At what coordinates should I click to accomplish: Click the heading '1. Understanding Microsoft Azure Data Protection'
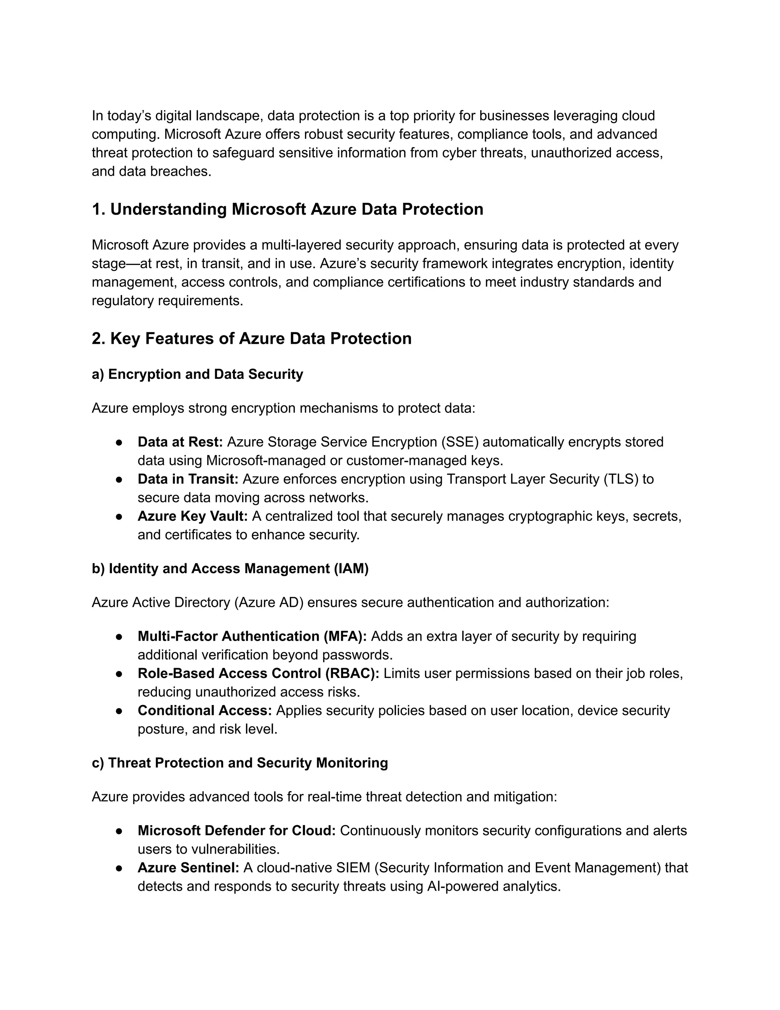point(288,210)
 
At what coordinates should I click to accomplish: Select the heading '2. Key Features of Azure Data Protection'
point(251,338)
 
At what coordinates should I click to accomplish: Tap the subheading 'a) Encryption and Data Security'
point(197,374)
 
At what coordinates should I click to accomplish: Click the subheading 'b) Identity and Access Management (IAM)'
point(230,568)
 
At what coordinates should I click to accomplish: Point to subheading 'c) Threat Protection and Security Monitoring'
point(240,763)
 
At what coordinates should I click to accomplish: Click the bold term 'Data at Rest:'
point(180,442)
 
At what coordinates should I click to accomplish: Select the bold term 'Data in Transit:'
point(188,479)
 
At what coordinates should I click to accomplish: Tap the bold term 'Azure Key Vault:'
point(193,516)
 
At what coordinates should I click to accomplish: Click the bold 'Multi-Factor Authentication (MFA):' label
point(252,636)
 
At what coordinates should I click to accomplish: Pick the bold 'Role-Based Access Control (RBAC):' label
point(258,673)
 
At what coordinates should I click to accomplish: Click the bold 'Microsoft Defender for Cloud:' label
point(237,830)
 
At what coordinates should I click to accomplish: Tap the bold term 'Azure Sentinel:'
point(188,867)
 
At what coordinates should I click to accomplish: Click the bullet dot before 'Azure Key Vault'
point(119,516)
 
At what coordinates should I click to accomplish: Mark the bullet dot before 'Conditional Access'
point(119,711)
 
